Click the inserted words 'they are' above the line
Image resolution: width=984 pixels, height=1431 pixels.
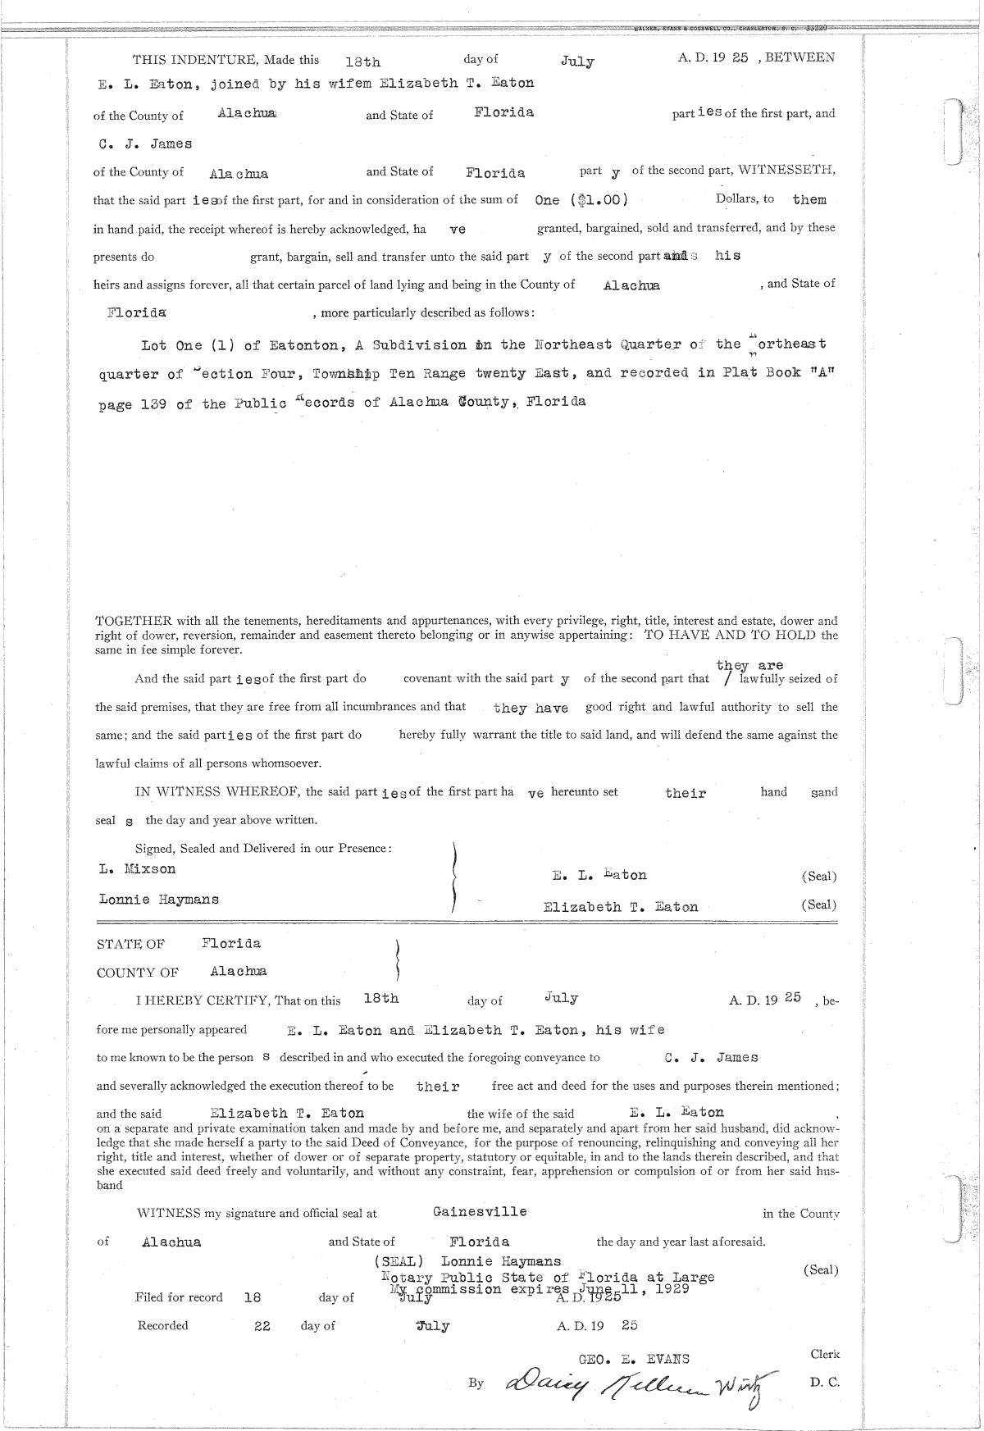(749, 665)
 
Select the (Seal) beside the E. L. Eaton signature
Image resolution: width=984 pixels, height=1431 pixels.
(818, 876)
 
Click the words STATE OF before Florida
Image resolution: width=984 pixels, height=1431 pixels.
(130, 945)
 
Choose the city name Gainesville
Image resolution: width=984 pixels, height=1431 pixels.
(480, 1211)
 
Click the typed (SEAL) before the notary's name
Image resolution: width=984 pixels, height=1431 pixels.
(399, 1261)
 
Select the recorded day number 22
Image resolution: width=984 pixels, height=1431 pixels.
(262, 1325)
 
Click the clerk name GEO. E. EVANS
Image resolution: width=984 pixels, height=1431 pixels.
(634, 1359)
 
